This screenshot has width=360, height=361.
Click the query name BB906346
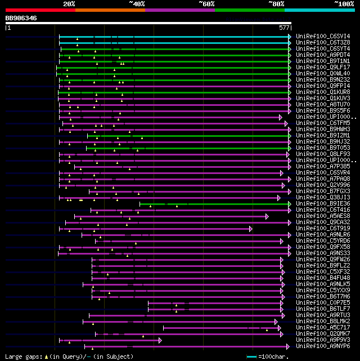pyautogui.click(x=21, y=18)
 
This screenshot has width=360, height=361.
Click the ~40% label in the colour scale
pyautogui.click(x=137, y=3)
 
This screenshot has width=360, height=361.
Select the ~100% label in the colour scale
pyautogui.click(x=344, y=3)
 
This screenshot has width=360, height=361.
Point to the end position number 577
pyautogui.click(x=284, y=27)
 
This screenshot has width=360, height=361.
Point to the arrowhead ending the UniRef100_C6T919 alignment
pyautogui.click(x=251, y=228)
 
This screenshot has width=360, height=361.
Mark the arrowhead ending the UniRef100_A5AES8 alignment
pyautogui.click(x=267, y=216)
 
